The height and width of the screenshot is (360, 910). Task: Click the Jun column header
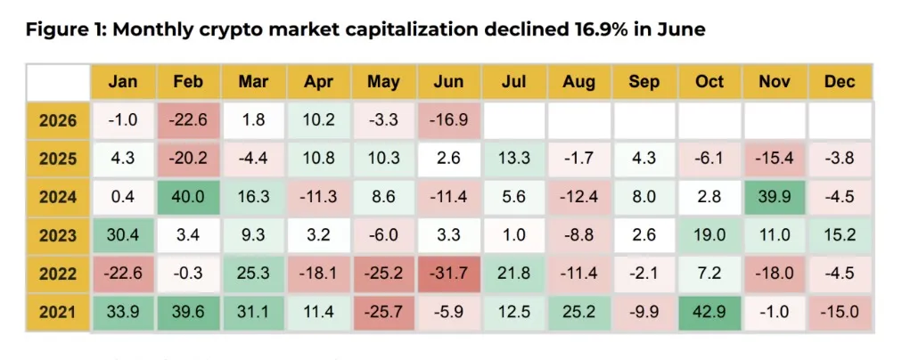click(x=449, y=82)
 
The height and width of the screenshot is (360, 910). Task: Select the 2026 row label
click(x=58, y=120)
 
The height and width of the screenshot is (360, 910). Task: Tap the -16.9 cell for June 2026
click(x=449, y=120)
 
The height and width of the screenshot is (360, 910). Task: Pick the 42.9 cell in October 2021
click(x=709, y=312)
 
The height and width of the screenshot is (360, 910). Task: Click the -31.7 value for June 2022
click(x=449, y=274)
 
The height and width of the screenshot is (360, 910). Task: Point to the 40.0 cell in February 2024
click(x=188, y=197)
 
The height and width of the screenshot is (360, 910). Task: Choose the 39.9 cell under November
click(x=775, y=197)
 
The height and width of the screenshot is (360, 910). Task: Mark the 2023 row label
click(x=58, y=235)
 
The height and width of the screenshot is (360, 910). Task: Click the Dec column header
click(x=840, y=82)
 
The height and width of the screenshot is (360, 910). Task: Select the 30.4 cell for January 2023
click(x=123, y=235)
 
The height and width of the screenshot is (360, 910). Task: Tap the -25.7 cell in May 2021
click(x=383, y=312)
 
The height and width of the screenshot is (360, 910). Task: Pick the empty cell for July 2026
click(x=514, y=120)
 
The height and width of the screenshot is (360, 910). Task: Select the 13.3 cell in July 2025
click(x=514, y=159)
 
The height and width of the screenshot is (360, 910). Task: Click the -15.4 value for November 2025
click(x=775, y=159)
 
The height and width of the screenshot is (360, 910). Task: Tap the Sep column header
click(x=644, y=82)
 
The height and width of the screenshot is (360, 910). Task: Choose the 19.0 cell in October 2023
click(x=709, y=235)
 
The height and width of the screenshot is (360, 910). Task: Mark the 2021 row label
click(x=58, y=312)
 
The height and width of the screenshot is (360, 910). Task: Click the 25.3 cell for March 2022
click(x=253, y=274)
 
